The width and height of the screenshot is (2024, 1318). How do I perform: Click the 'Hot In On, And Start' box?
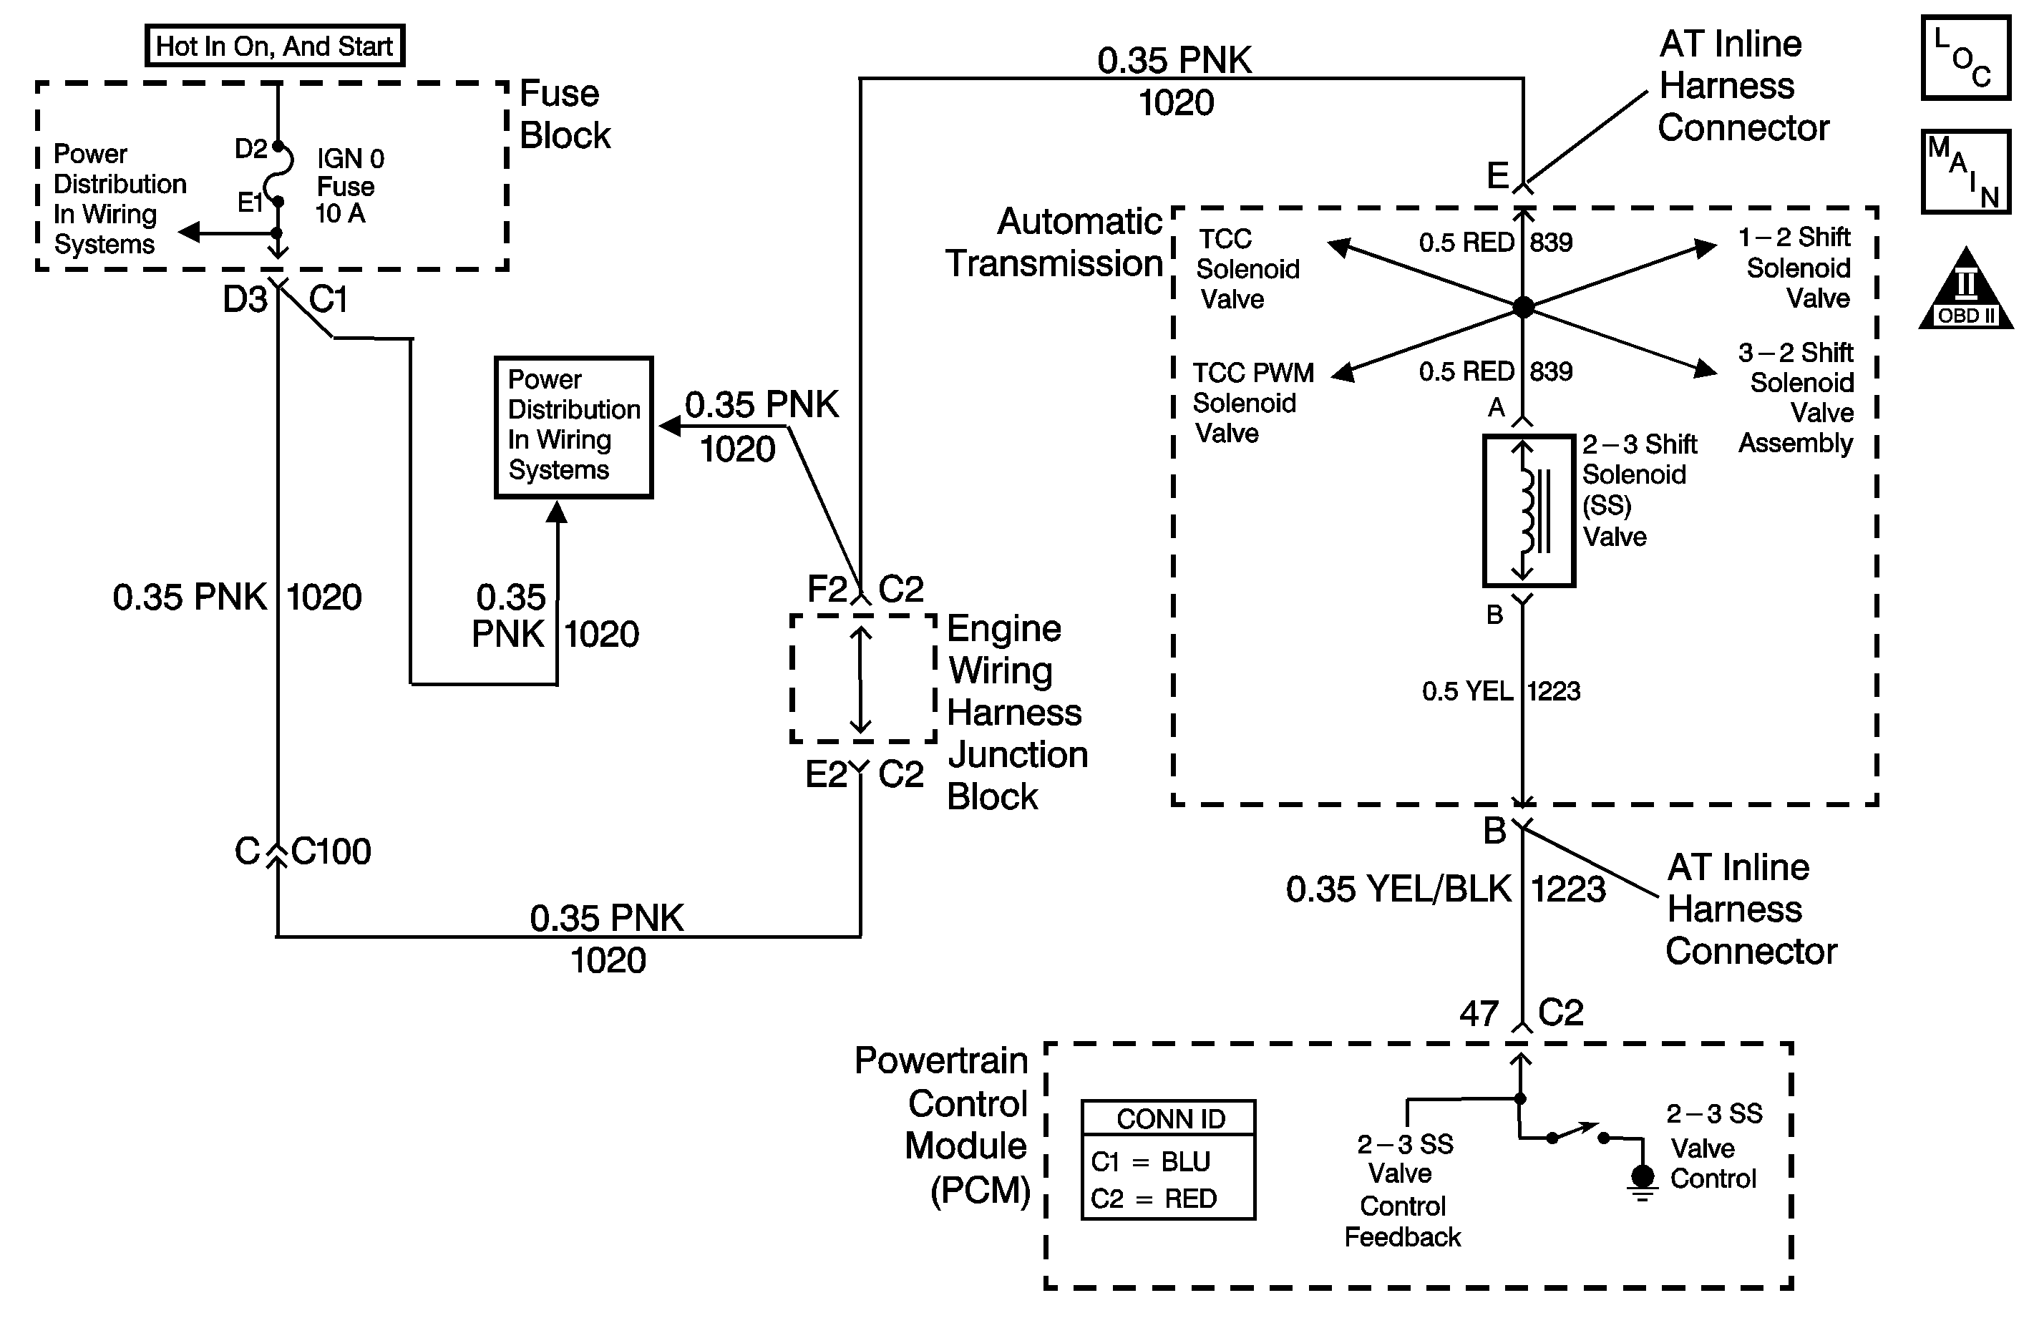pyautogui.click(x=275, y=46)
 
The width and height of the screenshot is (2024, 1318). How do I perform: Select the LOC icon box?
pyautogui.click(x=1965, y=58)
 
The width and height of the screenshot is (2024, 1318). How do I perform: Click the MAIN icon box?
pyautogui.click(x=1965, y=172)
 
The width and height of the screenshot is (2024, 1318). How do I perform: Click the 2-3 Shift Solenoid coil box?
pyautogui.click(x=1528, y=510)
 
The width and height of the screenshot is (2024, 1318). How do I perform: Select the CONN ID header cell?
pyautogui.click(x=1169, y=1119)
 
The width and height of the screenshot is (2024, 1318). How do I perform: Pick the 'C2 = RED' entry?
pyautogui.click(x=1153, y=1199)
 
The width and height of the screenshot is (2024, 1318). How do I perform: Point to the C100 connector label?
pyautogui.click(x=331, y=851)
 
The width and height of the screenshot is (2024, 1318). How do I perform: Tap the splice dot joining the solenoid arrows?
pyautogui.click(x=1522, y=307)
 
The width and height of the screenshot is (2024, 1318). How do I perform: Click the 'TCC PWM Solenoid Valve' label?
pyautogui.click(x=1252, y=403)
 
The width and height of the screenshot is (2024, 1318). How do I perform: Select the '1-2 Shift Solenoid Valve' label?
pyautogui.click(x=1797, y=268)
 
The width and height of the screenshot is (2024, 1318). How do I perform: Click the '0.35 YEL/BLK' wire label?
pyautogui.click(x=1398, y=889)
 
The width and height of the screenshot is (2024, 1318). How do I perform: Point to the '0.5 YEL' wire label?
pyautogui.click(x=1467, y=691)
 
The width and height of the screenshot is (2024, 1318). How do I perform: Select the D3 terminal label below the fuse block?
pyautogui.click(x=245, y=299)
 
